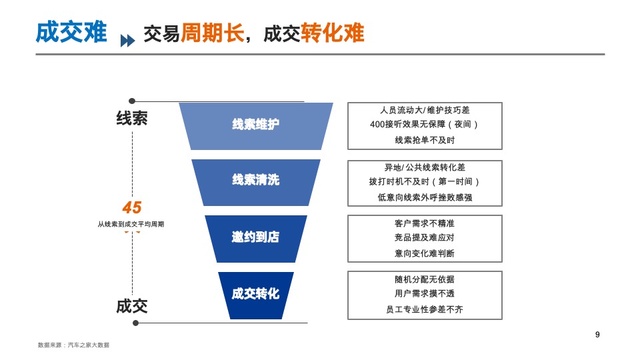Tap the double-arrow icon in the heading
pos(127,41)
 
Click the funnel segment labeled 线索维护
pos(255,125)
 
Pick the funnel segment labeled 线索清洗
pos(255,180)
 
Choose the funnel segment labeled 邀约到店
pos(255,237)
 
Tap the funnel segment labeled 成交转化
pos(255,293)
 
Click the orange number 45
pos(132,207)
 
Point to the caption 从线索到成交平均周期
pos(131,225)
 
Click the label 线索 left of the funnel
pos(132,118)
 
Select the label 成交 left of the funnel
pos(132,306)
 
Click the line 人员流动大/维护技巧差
pos(425,110)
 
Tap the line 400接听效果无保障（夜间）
pos(425,125)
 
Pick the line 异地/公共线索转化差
pos(425,167)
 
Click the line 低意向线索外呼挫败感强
pos(425,197)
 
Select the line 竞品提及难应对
pos(425,237)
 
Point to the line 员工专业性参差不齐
pos(425,309)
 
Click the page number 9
pos(597,335)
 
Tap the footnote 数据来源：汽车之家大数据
pos(73,345)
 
